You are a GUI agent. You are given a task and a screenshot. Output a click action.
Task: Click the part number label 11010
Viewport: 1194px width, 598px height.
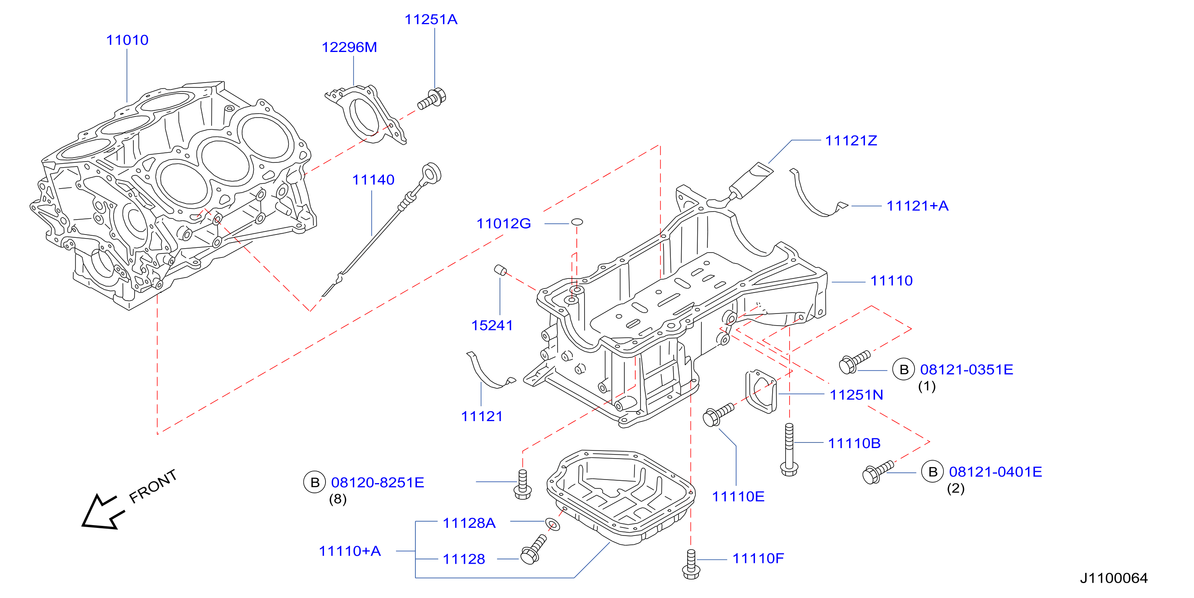coord(127,40)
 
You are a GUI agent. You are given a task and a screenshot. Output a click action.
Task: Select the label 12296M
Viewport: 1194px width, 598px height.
coord(350,47)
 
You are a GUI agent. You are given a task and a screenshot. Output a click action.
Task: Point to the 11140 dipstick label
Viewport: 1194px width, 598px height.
coord(373,180)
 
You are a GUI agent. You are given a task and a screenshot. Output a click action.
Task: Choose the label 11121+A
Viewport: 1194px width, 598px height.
coord(917,206)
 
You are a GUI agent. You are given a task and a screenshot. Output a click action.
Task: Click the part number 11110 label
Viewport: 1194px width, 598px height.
coord(891,281)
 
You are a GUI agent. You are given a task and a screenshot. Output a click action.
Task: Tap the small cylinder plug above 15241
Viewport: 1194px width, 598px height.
coord(500,270)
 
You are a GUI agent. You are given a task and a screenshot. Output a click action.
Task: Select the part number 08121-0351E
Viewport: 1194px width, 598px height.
coord(966,370)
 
